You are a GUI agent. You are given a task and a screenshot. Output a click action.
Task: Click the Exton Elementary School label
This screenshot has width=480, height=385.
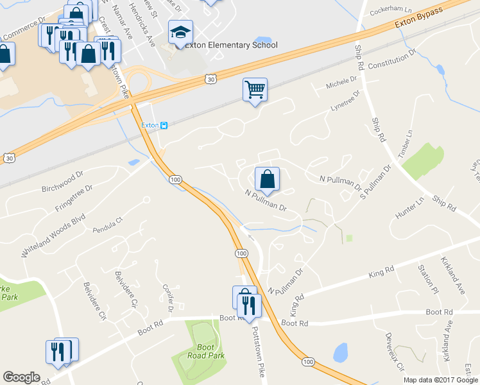[231, 46]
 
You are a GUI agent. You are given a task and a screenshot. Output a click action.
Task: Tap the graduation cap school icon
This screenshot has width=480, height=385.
[180, 32]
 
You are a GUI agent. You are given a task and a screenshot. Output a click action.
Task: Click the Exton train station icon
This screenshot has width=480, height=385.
[164, 125]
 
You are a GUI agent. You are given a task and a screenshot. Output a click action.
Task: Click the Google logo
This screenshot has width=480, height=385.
[21, 377]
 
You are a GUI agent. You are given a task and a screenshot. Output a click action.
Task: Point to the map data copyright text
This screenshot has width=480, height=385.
[440, 380]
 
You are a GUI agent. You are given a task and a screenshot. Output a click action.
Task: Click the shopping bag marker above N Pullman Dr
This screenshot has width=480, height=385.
[267, 180]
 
